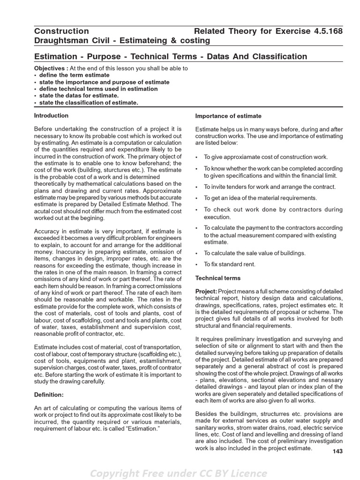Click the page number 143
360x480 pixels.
337,451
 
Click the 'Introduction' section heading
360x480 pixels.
51,115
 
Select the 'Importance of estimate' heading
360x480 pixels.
228,116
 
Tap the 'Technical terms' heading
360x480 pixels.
217,278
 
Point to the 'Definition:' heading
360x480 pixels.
49,395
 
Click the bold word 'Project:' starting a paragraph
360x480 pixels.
206,292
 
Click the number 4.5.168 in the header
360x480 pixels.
326,31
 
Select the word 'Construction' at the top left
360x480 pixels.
61,31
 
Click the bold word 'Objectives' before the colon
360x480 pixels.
50,68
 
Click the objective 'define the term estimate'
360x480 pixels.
74,75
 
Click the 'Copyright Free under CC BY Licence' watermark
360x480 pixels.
179,473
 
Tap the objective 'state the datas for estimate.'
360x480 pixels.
79,96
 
